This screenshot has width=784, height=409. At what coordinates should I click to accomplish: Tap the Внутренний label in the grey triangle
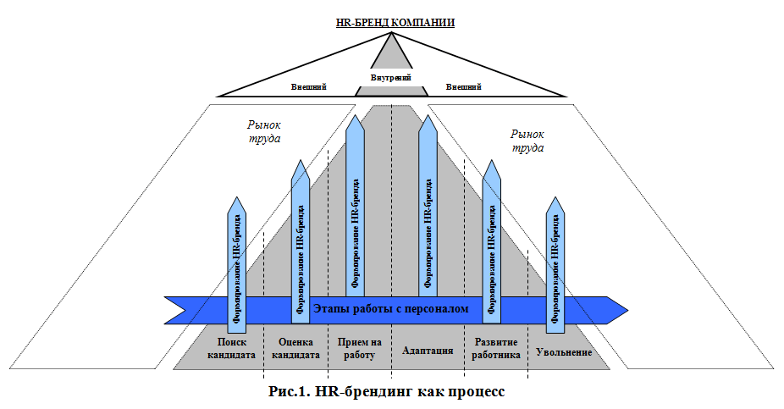[390, 78]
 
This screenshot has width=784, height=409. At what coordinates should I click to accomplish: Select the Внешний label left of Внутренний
[309, 87]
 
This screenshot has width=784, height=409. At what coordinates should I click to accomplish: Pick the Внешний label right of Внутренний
[463, 87]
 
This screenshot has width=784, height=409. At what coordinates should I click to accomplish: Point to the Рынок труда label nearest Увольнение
[527, 141]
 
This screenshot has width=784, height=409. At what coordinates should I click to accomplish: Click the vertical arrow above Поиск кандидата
[238, 263]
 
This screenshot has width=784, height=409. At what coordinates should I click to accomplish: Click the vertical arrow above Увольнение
[555, 263]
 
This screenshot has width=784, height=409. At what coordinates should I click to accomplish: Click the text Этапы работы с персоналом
[390, 309]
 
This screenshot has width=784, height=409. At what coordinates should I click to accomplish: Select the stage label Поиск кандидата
[231, 349]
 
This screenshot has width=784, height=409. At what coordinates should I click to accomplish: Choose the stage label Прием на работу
[359, 349]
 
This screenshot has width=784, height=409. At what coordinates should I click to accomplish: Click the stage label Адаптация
[428, 350]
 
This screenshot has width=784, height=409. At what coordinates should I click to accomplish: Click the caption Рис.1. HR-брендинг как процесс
[386, 391]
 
